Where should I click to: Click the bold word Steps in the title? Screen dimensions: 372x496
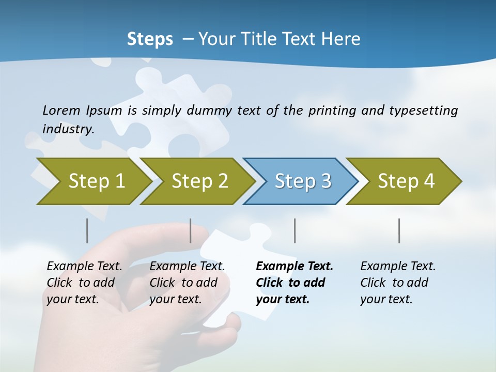tap(150, 39)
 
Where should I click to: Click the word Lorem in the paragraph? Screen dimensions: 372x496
tap(61, 111)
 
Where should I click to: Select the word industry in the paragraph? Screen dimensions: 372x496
tap(68, 129)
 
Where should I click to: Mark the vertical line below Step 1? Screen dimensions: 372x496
tap(87, 230)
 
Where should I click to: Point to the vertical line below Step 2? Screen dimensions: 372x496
tap(191, 230)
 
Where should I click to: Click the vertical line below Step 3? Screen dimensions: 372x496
tap(295, 230)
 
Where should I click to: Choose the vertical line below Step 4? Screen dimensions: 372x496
tap(399, 230)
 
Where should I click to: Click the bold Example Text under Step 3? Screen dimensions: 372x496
tap(295, 267)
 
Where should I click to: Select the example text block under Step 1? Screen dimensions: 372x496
tap(84, 283)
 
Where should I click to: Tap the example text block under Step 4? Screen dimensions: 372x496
tap(398, 283)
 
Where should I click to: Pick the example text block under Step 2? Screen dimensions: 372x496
tap(187, 283)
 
